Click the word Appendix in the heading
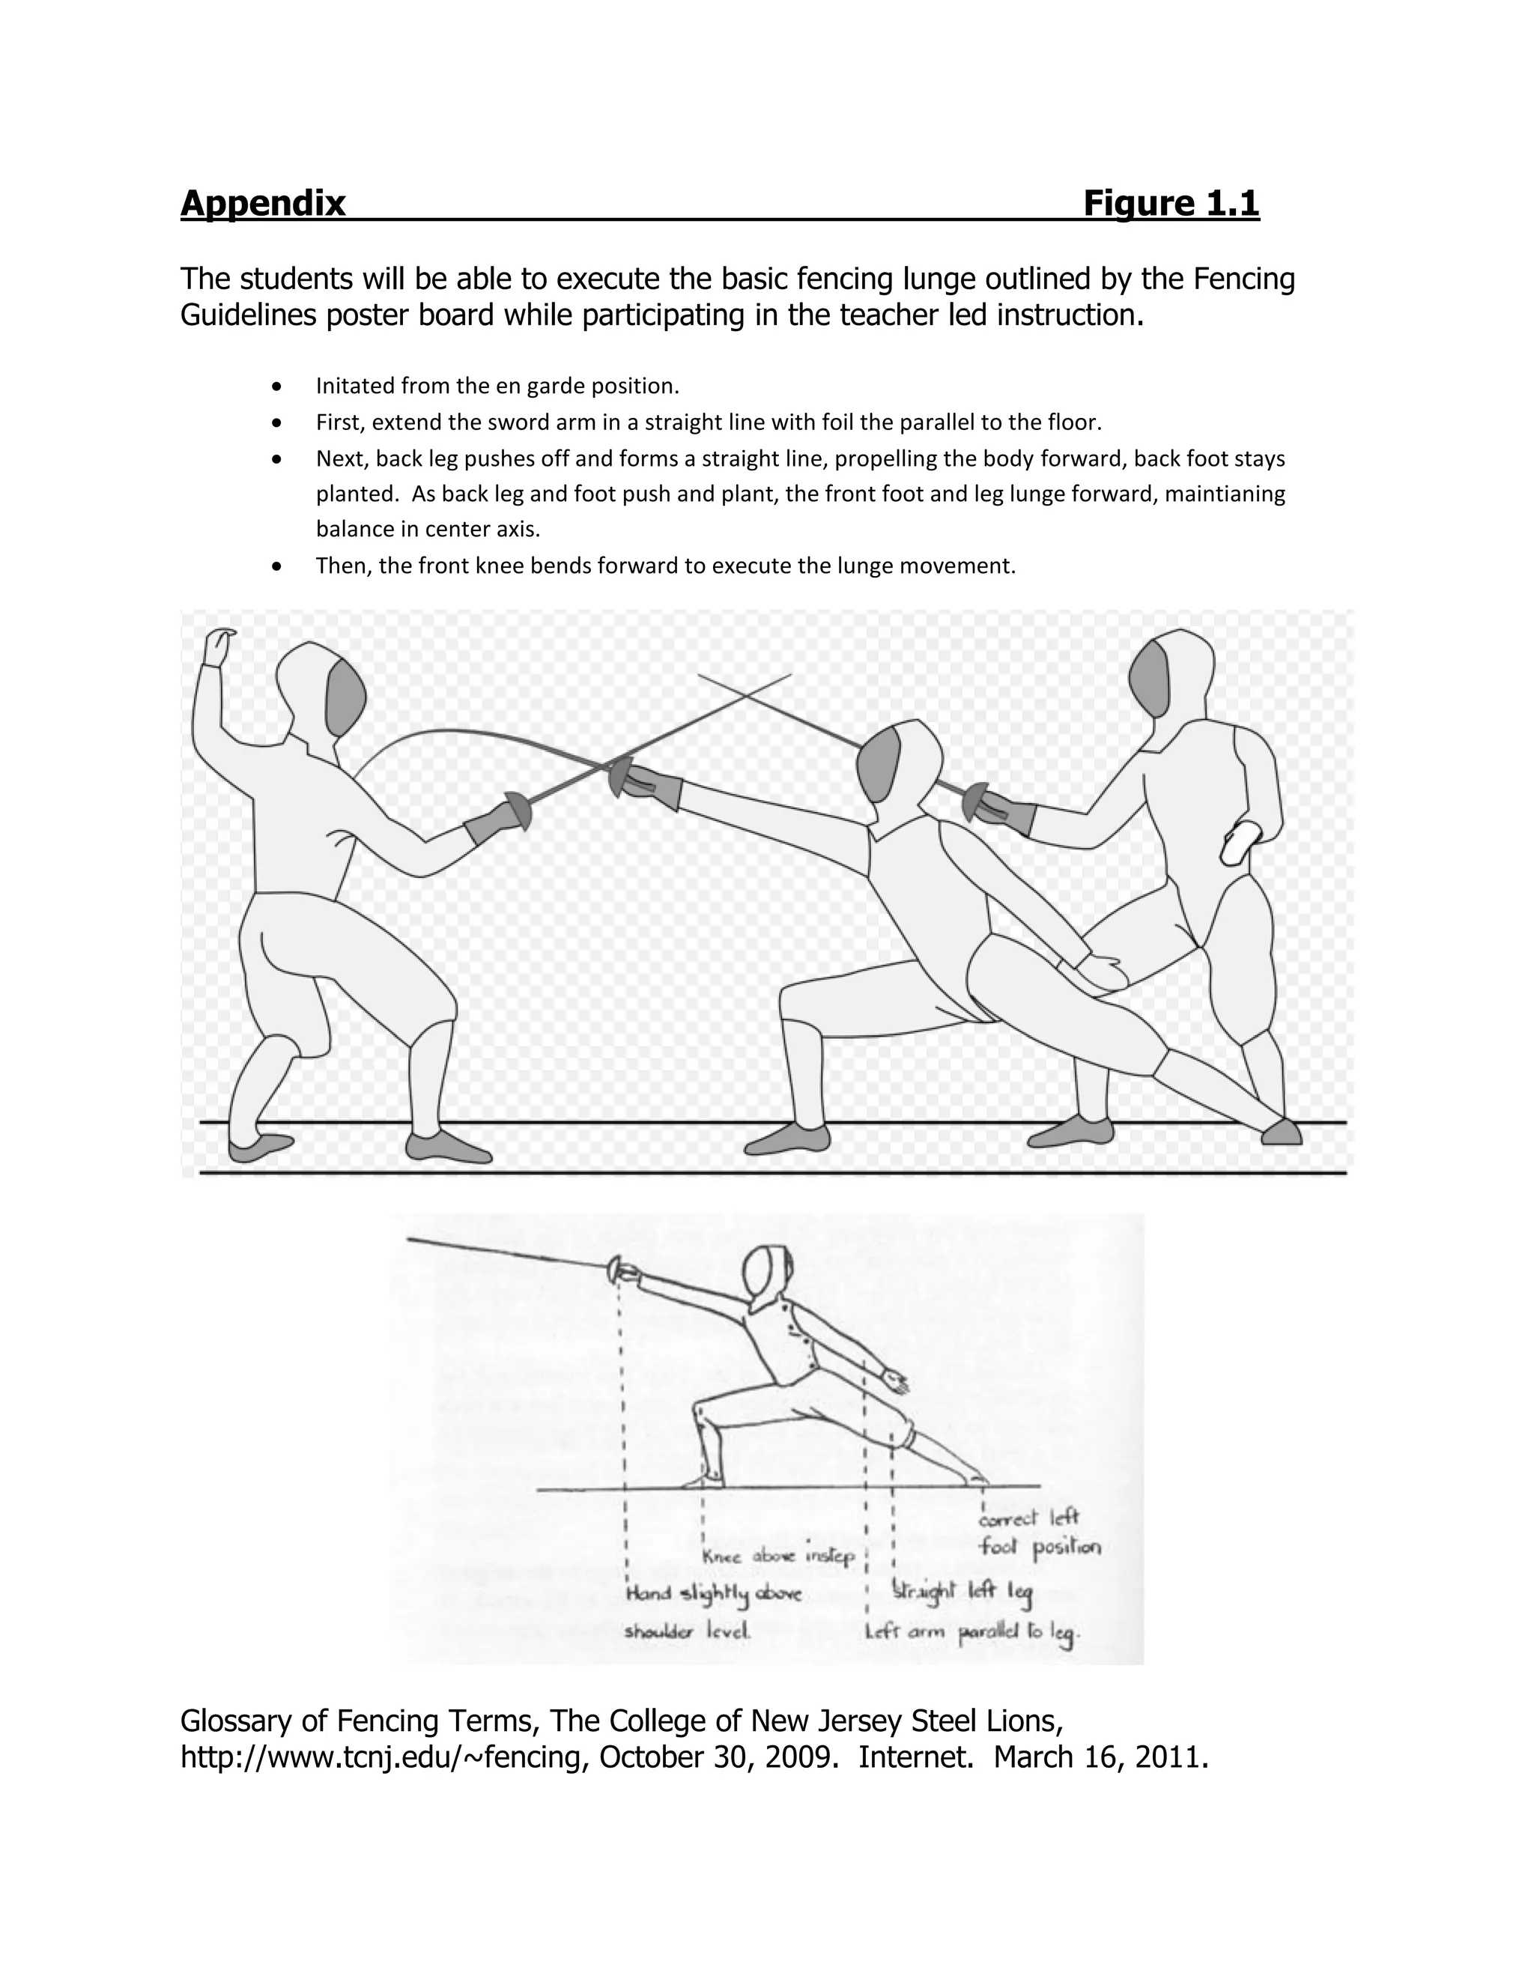pos(263,203)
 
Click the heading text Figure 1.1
pos(1171,203)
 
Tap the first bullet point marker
pos(277,387)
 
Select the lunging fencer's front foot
pos(787,1139)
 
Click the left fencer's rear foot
pos(258,1147)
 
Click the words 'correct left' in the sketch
pos(1028,1517)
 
